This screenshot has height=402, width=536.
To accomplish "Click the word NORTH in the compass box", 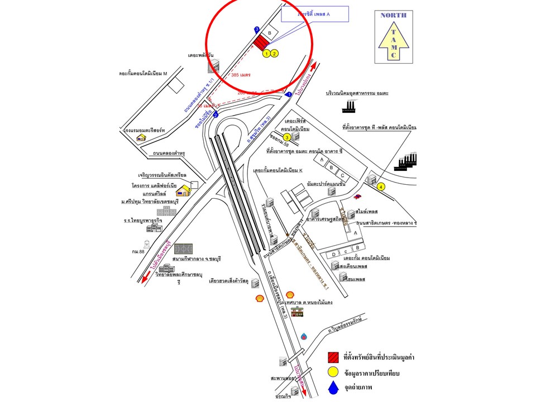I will tap(393, 15).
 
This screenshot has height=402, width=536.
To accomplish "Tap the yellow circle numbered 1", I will tap(267, 54).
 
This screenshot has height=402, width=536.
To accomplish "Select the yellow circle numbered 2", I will tap(274, 54).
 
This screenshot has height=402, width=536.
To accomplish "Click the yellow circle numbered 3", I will tap(287, 137).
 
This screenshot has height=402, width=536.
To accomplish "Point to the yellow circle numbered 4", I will tap(381, 186).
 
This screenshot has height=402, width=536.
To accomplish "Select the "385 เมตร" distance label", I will tap(241, 74).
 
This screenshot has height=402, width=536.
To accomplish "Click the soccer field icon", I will tap(183, 249).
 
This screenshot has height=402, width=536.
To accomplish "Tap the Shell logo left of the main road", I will tap(260, 299).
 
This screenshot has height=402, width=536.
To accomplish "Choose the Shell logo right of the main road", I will tap(290, 294).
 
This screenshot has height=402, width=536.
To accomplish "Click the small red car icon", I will tap(357, 196).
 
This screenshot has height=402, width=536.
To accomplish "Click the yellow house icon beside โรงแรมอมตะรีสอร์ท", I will tap(142, 137).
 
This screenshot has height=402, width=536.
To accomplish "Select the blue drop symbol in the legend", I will tap(333, 387).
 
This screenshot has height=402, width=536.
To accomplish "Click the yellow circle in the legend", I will tap(333, 372).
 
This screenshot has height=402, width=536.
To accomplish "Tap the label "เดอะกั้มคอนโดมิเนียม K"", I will tap(277, 170).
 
